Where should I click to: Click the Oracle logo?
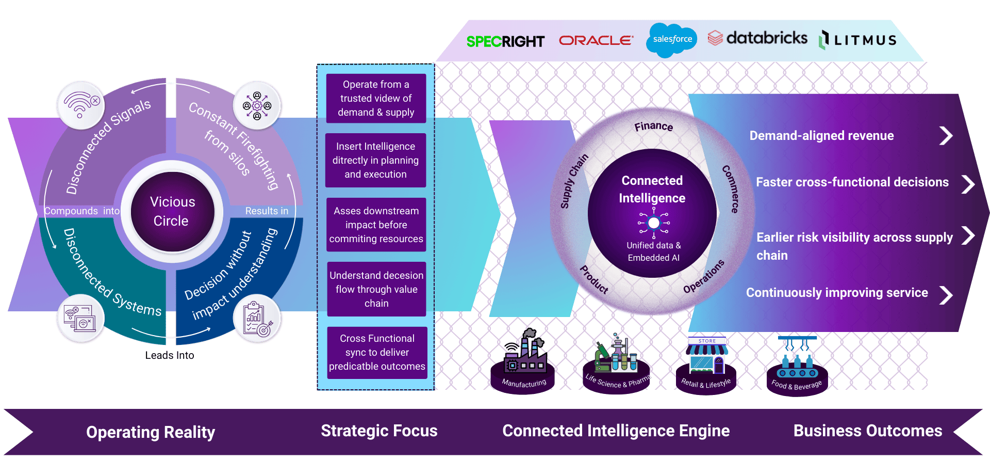(596, 40)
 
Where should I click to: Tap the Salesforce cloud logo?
(671, 39)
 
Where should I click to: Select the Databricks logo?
(757, 38)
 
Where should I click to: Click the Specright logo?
(505, 41)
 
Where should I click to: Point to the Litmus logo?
(859, 40)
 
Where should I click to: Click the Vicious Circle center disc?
(172, 212)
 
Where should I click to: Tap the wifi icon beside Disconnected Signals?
(80, 105)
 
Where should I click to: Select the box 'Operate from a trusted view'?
(376, 98)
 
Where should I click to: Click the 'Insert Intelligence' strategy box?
(375, 160)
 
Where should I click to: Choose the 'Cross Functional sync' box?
(377, 353)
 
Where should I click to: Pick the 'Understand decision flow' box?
(376, 289)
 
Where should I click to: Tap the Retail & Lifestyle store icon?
(707, 356)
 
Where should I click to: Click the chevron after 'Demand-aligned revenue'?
(946, 136)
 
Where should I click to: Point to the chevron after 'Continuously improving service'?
(946, 295)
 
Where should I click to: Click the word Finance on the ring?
(653, 126)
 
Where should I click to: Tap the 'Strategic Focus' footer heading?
(379, 431)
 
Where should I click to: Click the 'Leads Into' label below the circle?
(170, 355)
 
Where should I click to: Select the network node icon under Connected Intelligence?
(654, 223)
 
